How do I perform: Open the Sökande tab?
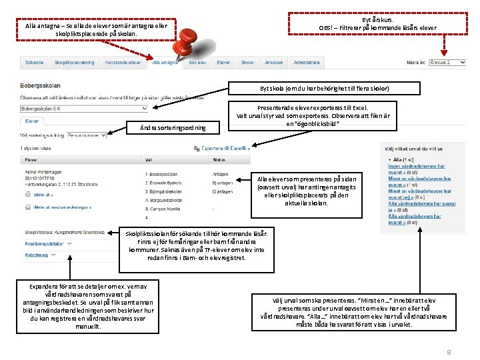pos(34,62)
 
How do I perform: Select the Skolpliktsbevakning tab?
pos(75,62)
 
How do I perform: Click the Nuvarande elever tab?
pos(124,62)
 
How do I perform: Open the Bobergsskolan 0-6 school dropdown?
pos(84,108)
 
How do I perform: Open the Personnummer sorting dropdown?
pos(87,135)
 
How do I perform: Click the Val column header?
pos(149,160)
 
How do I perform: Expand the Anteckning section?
pos(37,255)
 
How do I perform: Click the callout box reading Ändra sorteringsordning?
pos(173,127)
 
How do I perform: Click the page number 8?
pos(449,351)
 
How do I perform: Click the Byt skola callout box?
pos(324,88)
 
